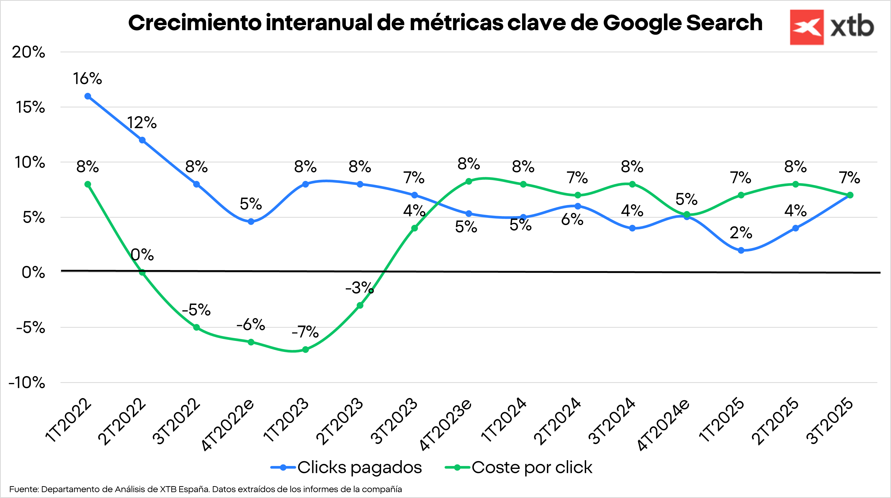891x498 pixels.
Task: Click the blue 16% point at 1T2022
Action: point(88,96)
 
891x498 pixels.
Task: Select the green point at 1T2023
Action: point(305,350)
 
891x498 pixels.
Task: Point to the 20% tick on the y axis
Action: point(28,53)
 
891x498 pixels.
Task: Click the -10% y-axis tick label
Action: point(27,383)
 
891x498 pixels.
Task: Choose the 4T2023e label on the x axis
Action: point(446,425)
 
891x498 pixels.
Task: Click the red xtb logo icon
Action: point(807,27)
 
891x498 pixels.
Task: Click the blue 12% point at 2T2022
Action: point(142,140)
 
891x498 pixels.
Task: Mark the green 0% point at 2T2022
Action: point(142,272)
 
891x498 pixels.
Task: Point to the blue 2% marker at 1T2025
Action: point(741,250)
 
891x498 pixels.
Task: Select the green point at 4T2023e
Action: point(469,181)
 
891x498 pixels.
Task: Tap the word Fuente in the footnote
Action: point(24,489)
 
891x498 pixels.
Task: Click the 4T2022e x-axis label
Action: point(228,425)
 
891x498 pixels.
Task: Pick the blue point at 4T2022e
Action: point(251,222)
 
